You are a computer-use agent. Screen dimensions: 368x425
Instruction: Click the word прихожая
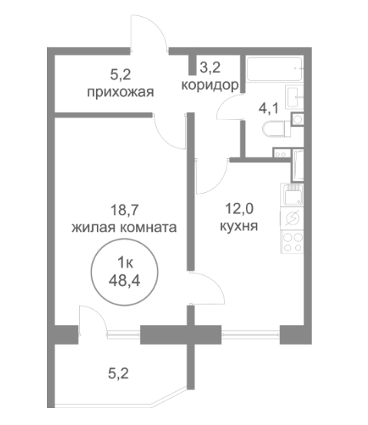point(121,92)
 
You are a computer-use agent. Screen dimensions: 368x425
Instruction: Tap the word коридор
point(210,85)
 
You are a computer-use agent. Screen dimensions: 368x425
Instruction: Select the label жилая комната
point(124,227)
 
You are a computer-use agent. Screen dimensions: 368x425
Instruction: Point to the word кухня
point(239,226)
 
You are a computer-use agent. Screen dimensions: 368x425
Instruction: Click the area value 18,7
point(124,211)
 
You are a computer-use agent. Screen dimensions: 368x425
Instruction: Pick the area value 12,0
point(239,209)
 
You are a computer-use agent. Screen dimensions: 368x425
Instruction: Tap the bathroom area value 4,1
point(268,108)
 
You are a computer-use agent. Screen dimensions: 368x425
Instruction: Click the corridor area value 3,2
point(210,68)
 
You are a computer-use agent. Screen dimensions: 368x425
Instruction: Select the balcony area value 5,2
point(118,374)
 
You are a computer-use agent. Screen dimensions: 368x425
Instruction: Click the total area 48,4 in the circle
point(124,281)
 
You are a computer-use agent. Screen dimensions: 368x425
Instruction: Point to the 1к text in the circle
point(125,263)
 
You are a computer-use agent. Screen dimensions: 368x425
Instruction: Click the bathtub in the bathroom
point(274,68)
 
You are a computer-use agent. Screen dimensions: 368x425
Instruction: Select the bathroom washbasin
point(294,97)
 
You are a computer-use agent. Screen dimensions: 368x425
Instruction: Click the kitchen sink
point(293,194)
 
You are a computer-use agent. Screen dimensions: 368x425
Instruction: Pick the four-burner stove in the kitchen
point(293,241)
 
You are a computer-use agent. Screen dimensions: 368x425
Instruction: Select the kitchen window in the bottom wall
point(250,334)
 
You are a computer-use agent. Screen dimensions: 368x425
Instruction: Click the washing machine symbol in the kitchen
point(293,218)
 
